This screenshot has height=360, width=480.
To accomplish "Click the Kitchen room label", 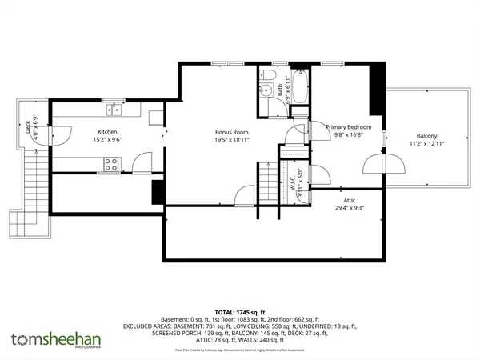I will tap(108, 131).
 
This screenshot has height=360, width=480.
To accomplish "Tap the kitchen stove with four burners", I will tap(112, 165).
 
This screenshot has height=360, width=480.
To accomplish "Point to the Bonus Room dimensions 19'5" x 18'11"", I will tap(231, 139).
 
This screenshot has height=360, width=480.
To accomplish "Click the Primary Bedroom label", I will tap(348, 126).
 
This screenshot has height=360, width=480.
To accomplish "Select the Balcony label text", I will tap(426, 135).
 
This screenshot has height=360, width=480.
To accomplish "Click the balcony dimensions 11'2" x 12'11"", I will tap(426, 143).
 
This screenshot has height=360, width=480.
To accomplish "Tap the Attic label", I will tap(349, 202).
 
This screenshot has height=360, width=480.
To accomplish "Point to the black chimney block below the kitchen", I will tap(158, 192).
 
